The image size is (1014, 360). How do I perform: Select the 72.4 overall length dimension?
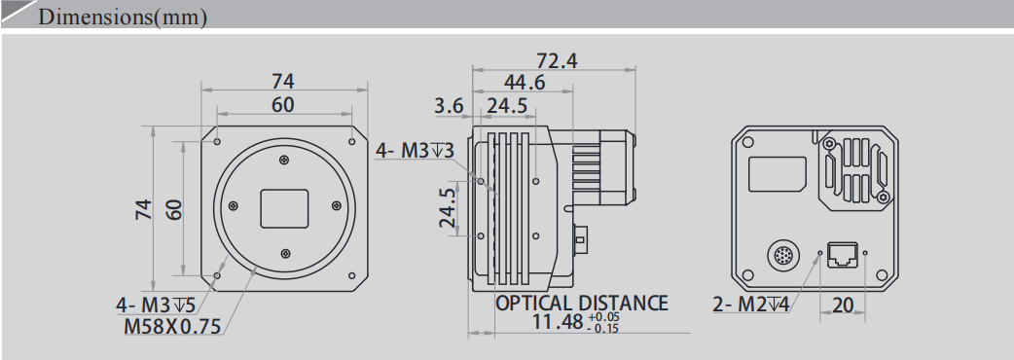click(x=557, y=60)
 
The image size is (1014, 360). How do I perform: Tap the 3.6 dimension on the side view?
click(x=449, y=105)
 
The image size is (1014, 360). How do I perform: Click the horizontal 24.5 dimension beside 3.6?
click(x=507, y=105)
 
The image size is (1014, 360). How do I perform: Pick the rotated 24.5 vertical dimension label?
click(x=448, y=207)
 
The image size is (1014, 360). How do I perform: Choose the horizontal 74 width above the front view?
click(x=282, y=81)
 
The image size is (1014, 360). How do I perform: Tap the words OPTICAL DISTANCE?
click(x=582, y=303)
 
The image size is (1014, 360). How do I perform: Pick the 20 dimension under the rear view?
click(x=843, y=306)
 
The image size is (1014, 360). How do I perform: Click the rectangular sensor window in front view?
click(x=284, y=206)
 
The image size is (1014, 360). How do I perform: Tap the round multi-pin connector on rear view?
click(x=784, y=256)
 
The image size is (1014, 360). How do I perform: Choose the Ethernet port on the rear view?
click(x=842, y=254)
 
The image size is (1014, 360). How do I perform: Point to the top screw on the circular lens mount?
click(x=283, y=161)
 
